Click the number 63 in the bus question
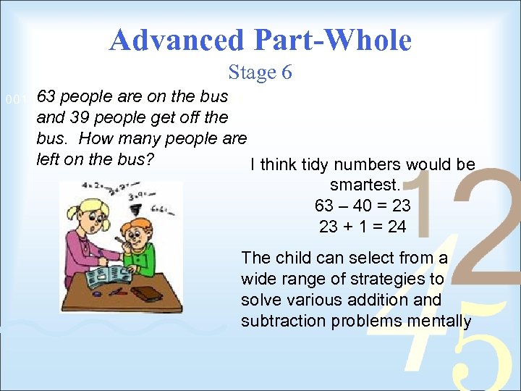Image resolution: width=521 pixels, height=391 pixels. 48,96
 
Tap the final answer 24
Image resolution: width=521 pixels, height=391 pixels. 397,227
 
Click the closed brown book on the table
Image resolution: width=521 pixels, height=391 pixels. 149,293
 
